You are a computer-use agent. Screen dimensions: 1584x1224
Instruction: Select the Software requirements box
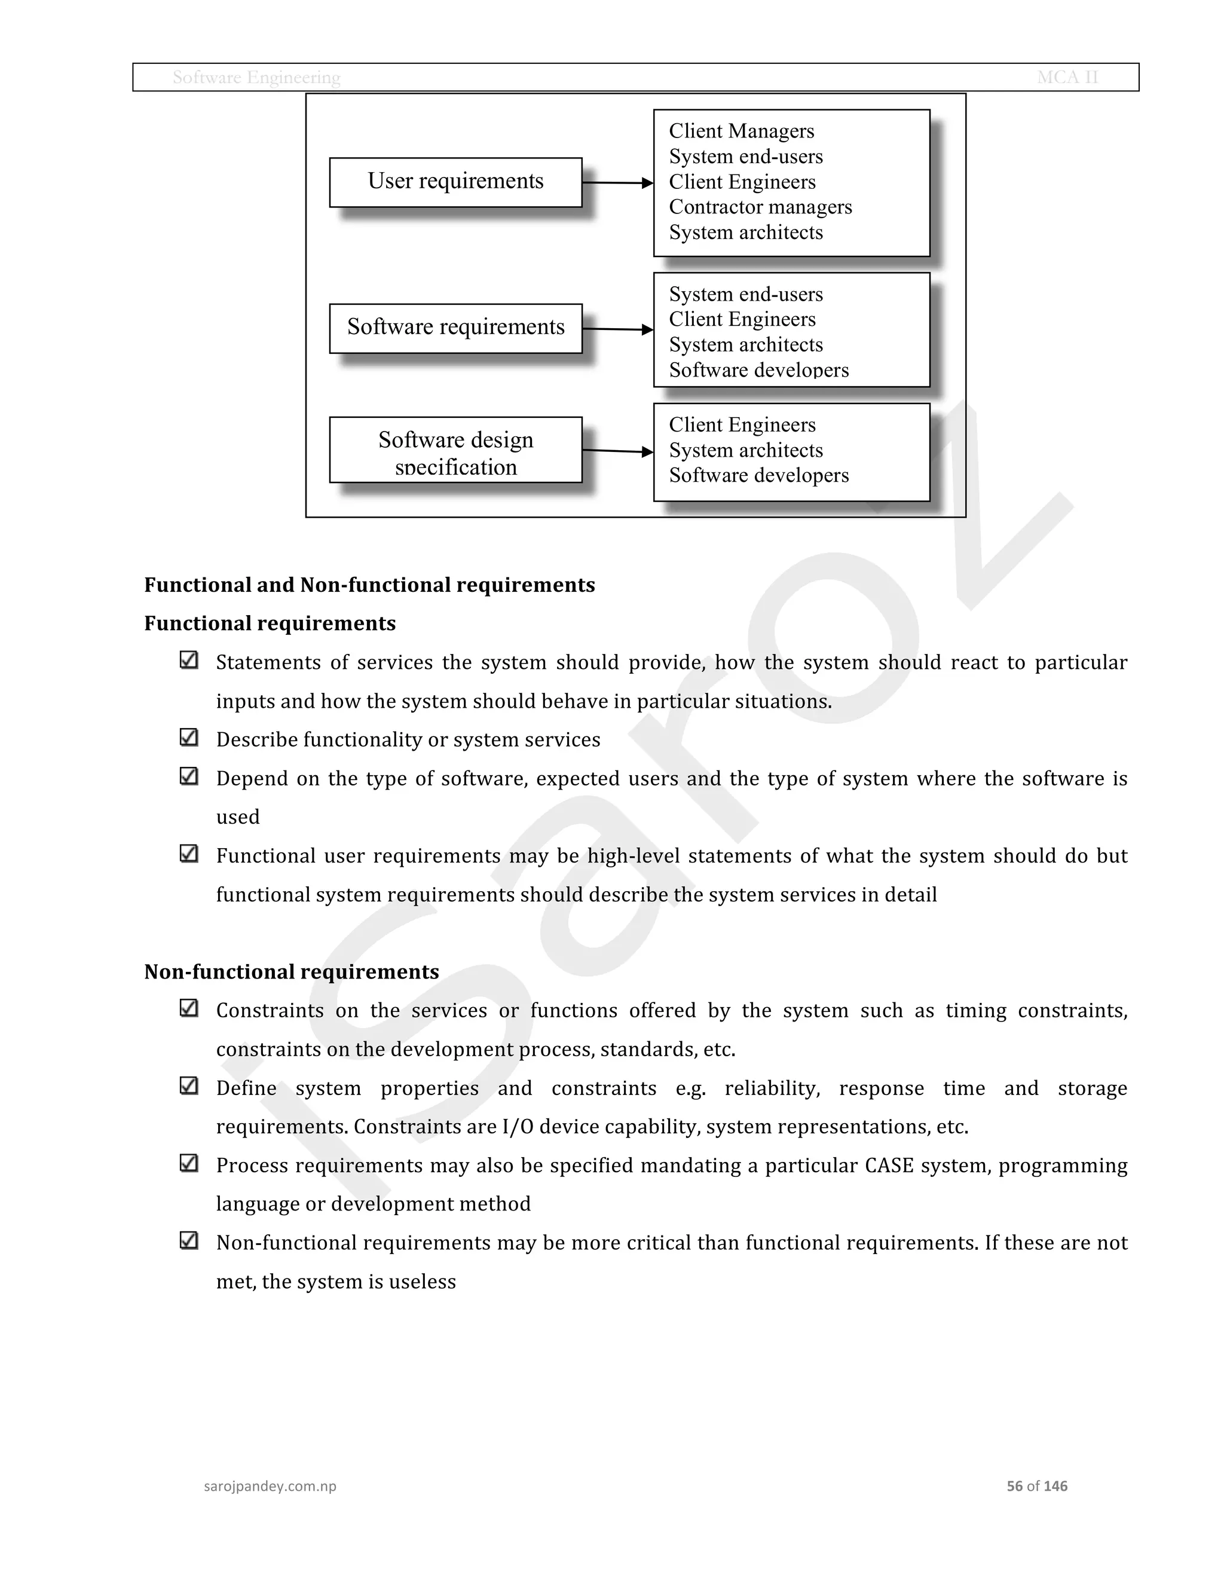tap(455, 328)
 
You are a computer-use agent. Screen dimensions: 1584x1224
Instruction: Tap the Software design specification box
tap(455, 449)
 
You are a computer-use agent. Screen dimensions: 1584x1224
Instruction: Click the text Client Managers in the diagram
tap(741, 132)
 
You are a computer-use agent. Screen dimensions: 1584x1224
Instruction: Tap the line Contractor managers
tap(760, 207)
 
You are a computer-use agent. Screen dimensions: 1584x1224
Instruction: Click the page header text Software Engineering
tap(256, 78)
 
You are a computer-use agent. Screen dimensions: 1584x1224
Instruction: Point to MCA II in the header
tap(1067, 78)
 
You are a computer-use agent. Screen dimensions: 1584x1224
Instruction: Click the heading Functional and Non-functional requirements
tap(369, 585)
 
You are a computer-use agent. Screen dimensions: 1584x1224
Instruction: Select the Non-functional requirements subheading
tap(292, 972)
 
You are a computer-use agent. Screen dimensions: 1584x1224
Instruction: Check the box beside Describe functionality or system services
tap(188, 738)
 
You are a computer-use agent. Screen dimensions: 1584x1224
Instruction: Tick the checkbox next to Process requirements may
tap(188, 1163)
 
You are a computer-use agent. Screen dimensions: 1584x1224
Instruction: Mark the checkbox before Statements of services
tap(188, 660)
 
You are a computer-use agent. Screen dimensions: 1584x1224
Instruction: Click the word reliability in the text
tap(772, 1088)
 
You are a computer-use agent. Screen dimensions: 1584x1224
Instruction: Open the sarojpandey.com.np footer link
tap(270, 1486)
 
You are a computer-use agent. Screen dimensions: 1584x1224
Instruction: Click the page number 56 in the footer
tap(1014, 1486)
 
